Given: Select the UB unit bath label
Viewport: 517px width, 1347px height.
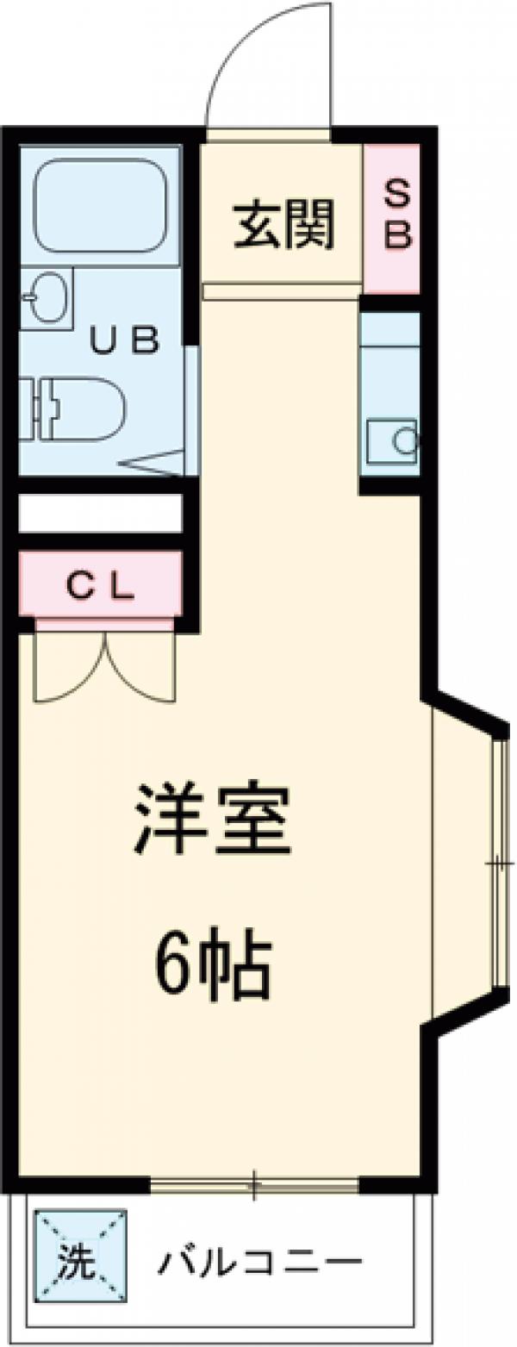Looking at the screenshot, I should [126, 342].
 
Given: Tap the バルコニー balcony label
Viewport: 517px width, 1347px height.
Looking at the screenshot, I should [258, 1264].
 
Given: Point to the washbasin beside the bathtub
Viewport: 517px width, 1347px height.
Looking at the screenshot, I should [43, 298].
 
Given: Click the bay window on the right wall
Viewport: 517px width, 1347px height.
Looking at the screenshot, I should [498, 862].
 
